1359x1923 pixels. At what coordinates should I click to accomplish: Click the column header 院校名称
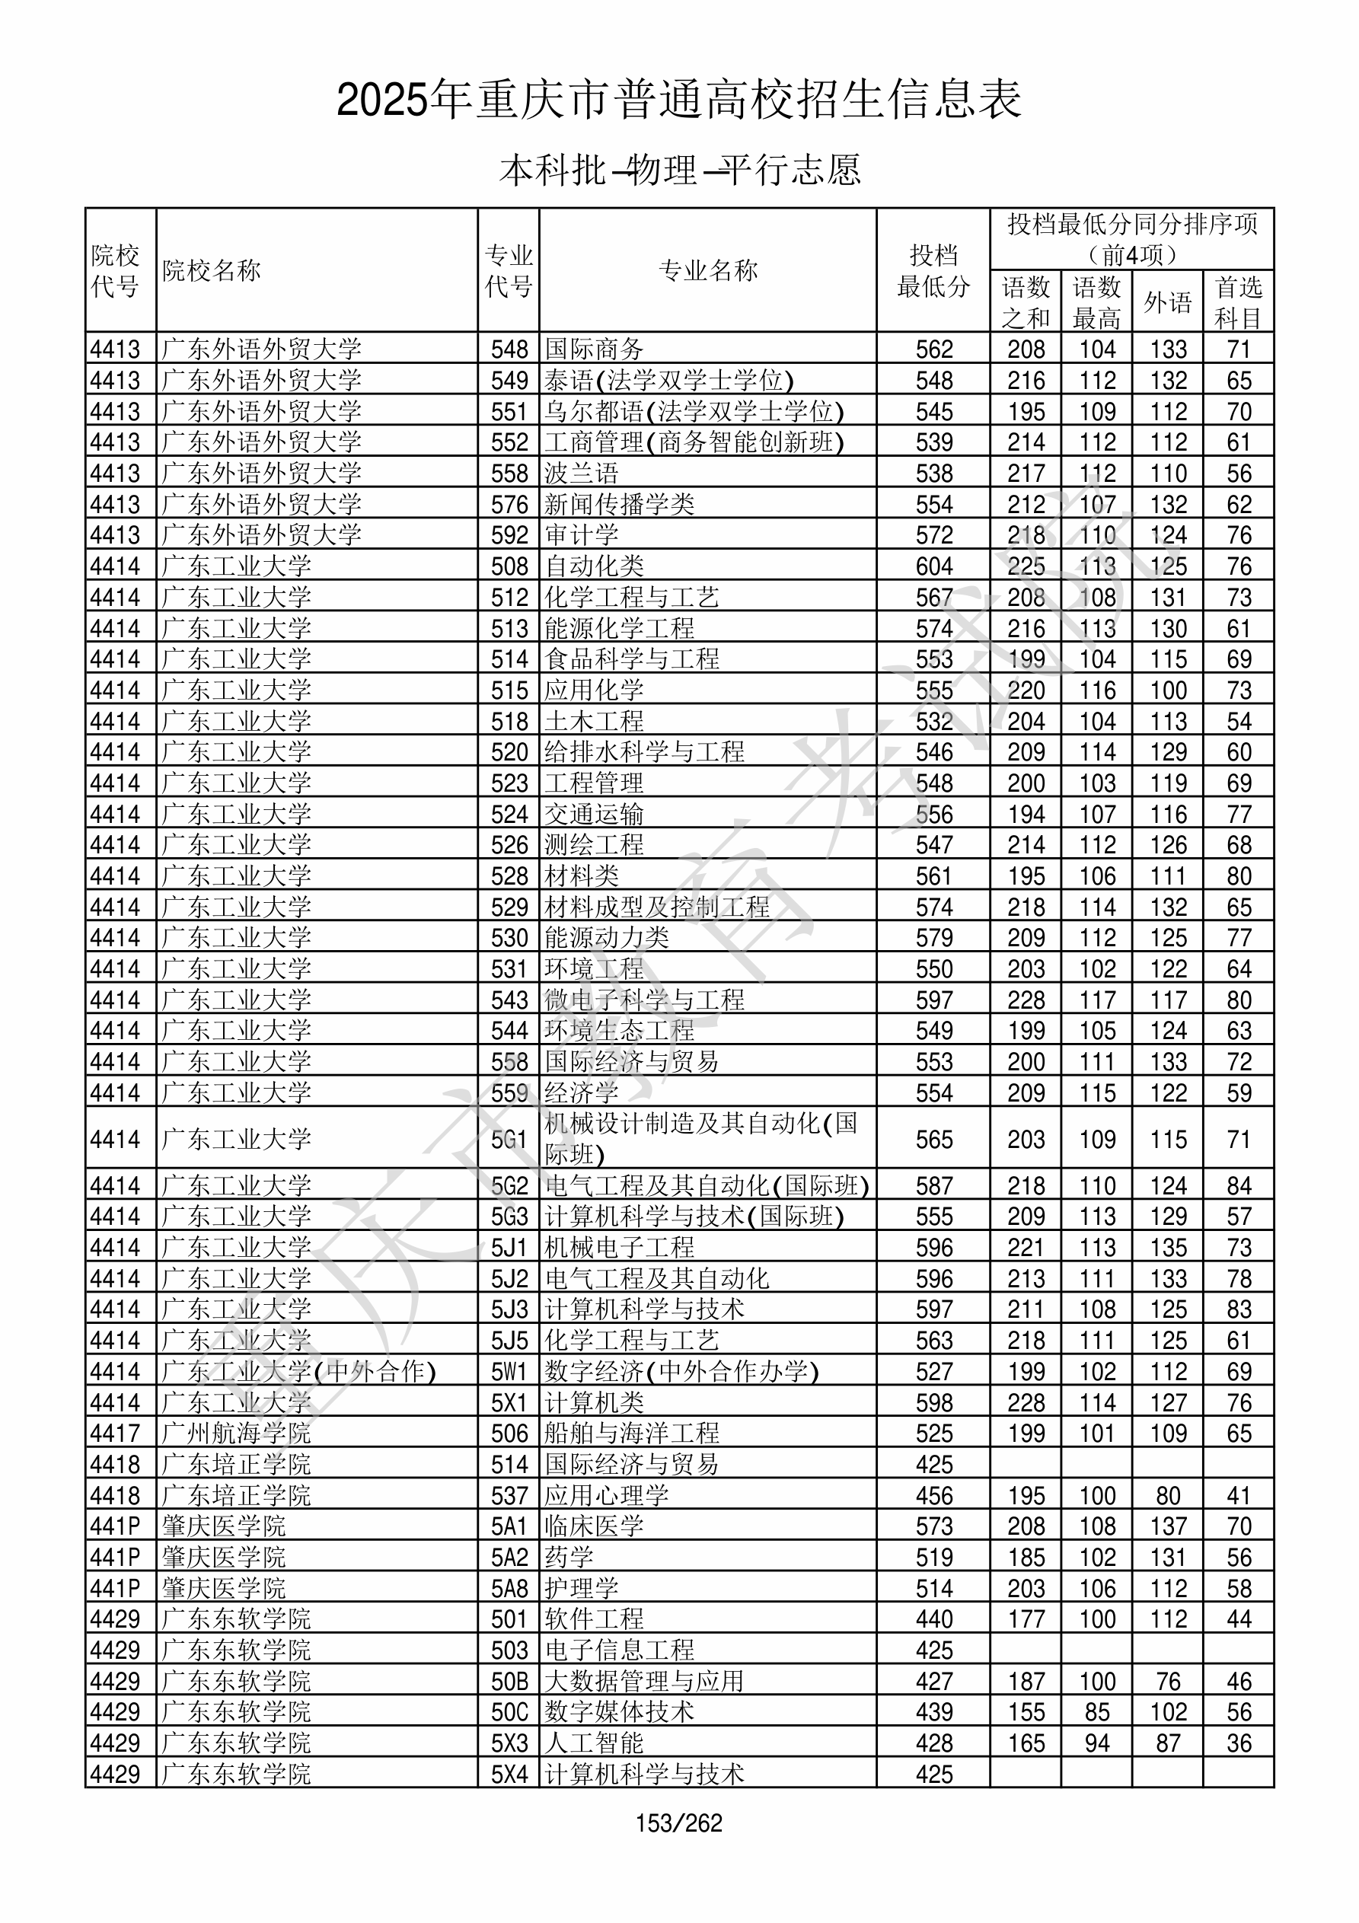[x=212, y=270]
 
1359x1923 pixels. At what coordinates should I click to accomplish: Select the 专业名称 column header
[x=708, y=270]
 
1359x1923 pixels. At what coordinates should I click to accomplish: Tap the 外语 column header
[x=1167, y=302]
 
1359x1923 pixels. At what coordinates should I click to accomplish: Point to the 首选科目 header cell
[x=1239, y=302]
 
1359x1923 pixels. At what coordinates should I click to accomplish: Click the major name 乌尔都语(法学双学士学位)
[x=694, y=411]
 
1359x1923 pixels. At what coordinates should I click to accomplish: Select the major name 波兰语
[x=582, y=474]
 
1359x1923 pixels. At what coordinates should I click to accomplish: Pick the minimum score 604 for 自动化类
[x=933, y=566]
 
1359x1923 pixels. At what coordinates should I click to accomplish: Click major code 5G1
[x=509, y=1139]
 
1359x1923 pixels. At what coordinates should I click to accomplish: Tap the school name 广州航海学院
[x=236, y=1433]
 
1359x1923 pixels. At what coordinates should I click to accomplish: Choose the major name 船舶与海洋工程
[x=632, y=1433]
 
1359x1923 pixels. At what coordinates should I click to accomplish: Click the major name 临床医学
[x=594, y=1526]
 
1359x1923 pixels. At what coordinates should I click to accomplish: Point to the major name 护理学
[x=582, y=1588]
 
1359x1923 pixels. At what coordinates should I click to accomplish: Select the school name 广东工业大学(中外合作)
[x=299, y=1371]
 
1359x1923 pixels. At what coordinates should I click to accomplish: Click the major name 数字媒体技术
[x=619, y=1712]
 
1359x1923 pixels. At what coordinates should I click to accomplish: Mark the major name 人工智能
[x=594, y=1743]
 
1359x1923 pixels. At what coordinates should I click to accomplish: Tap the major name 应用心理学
[x=607, y=1495]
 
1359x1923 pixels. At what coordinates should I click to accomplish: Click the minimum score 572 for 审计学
[x=933, y=535]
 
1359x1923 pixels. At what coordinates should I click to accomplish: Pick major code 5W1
[x=509, y=1371]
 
